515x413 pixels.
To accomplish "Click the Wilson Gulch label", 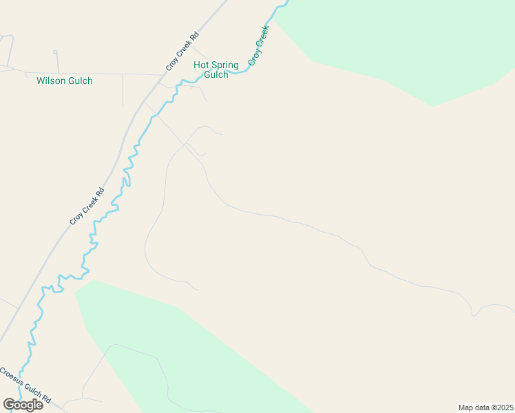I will point(64,81).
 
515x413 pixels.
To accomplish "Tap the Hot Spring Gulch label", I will point(216,70).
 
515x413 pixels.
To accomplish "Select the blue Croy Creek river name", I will point(257,46).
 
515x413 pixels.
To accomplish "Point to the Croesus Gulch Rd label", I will point(25,386).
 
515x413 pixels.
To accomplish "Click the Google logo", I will point(23,404).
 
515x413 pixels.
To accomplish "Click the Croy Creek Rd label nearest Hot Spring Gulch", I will point(182,52).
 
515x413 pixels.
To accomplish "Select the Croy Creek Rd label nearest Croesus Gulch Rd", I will point(87,206).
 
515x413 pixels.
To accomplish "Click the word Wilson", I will point(50,81).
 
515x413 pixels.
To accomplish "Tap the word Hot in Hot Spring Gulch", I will point(200,65).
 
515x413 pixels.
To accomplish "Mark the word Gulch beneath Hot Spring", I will point(216,74).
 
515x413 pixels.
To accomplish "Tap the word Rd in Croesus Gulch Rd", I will point(47,399).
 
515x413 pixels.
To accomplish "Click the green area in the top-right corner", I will point(413,41).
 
